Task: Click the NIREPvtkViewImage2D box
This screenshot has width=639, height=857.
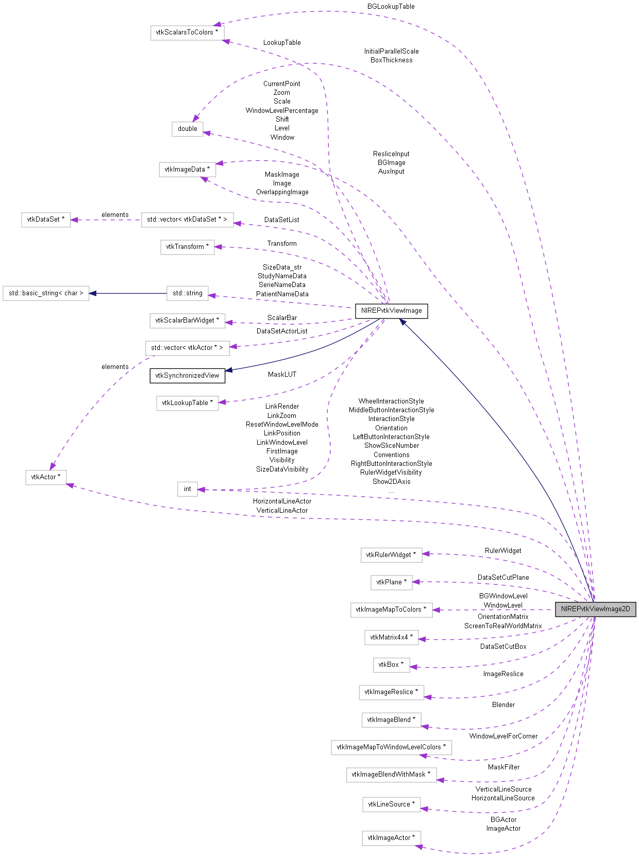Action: pyautogui.click(x=595, y=609)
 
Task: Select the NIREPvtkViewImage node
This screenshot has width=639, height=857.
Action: pyautogui.click(x=391, y=311)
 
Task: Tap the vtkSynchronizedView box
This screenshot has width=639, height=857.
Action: pyautogui.click(x=187, y=376)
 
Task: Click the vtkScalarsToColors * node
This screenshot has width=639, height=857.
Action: pyautogui.click(x=187, y=32)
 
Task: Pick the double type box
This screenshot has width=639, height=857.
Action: pyautogui.click(x=187, y=129)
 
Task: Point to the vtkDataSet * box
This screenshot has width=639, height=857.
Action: pyautogui.click(x=46, y=220)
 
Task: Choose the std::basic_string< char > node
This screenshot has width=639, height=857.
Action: pyautogui.click(x=46, y=293)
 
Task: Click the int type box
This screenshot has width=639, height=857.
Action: pyautogui.click(x=187, y=489)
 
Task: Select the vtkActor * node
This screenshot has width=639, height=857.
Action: pyautogui.click(x=46, y=477)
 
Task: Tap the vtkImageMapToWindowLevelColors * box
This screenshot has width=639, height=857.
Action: pyautogui.click(x=391, y=747)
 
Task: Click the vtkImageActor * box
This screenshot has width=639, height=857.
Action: pyautogui.click(x=391, y=838)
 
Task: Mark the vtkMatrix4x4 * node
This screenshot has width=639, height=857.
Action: pyautogui.click(x=391, y=637)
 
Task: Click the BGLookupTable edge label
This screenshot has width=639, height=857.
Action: pyautogui.click(x=391, y=7)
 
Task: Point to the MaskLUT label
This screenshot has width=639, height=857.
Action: pyautogui.click(x=282, y=375)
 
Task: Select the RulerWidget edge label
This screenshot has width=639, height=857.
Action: pyautogui.click(x=503, y=551)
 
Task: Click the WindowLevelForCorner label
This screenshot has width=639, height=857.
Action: pyautogui.click(x=503, y=736)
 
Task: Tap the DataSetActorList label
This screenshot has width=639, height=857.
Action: pyautogui.click(x=282, y=331)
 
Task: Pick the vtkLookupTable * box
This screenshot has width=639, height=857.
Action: pyautogui.click(x=187, y=403)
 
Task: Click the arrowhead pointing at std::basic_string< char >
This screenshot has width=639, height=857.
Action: pyautogui.click(x=93, y=293)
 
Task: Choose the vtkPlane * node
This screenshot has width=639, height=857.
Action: pyautogui.click(x=391, y=582)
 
